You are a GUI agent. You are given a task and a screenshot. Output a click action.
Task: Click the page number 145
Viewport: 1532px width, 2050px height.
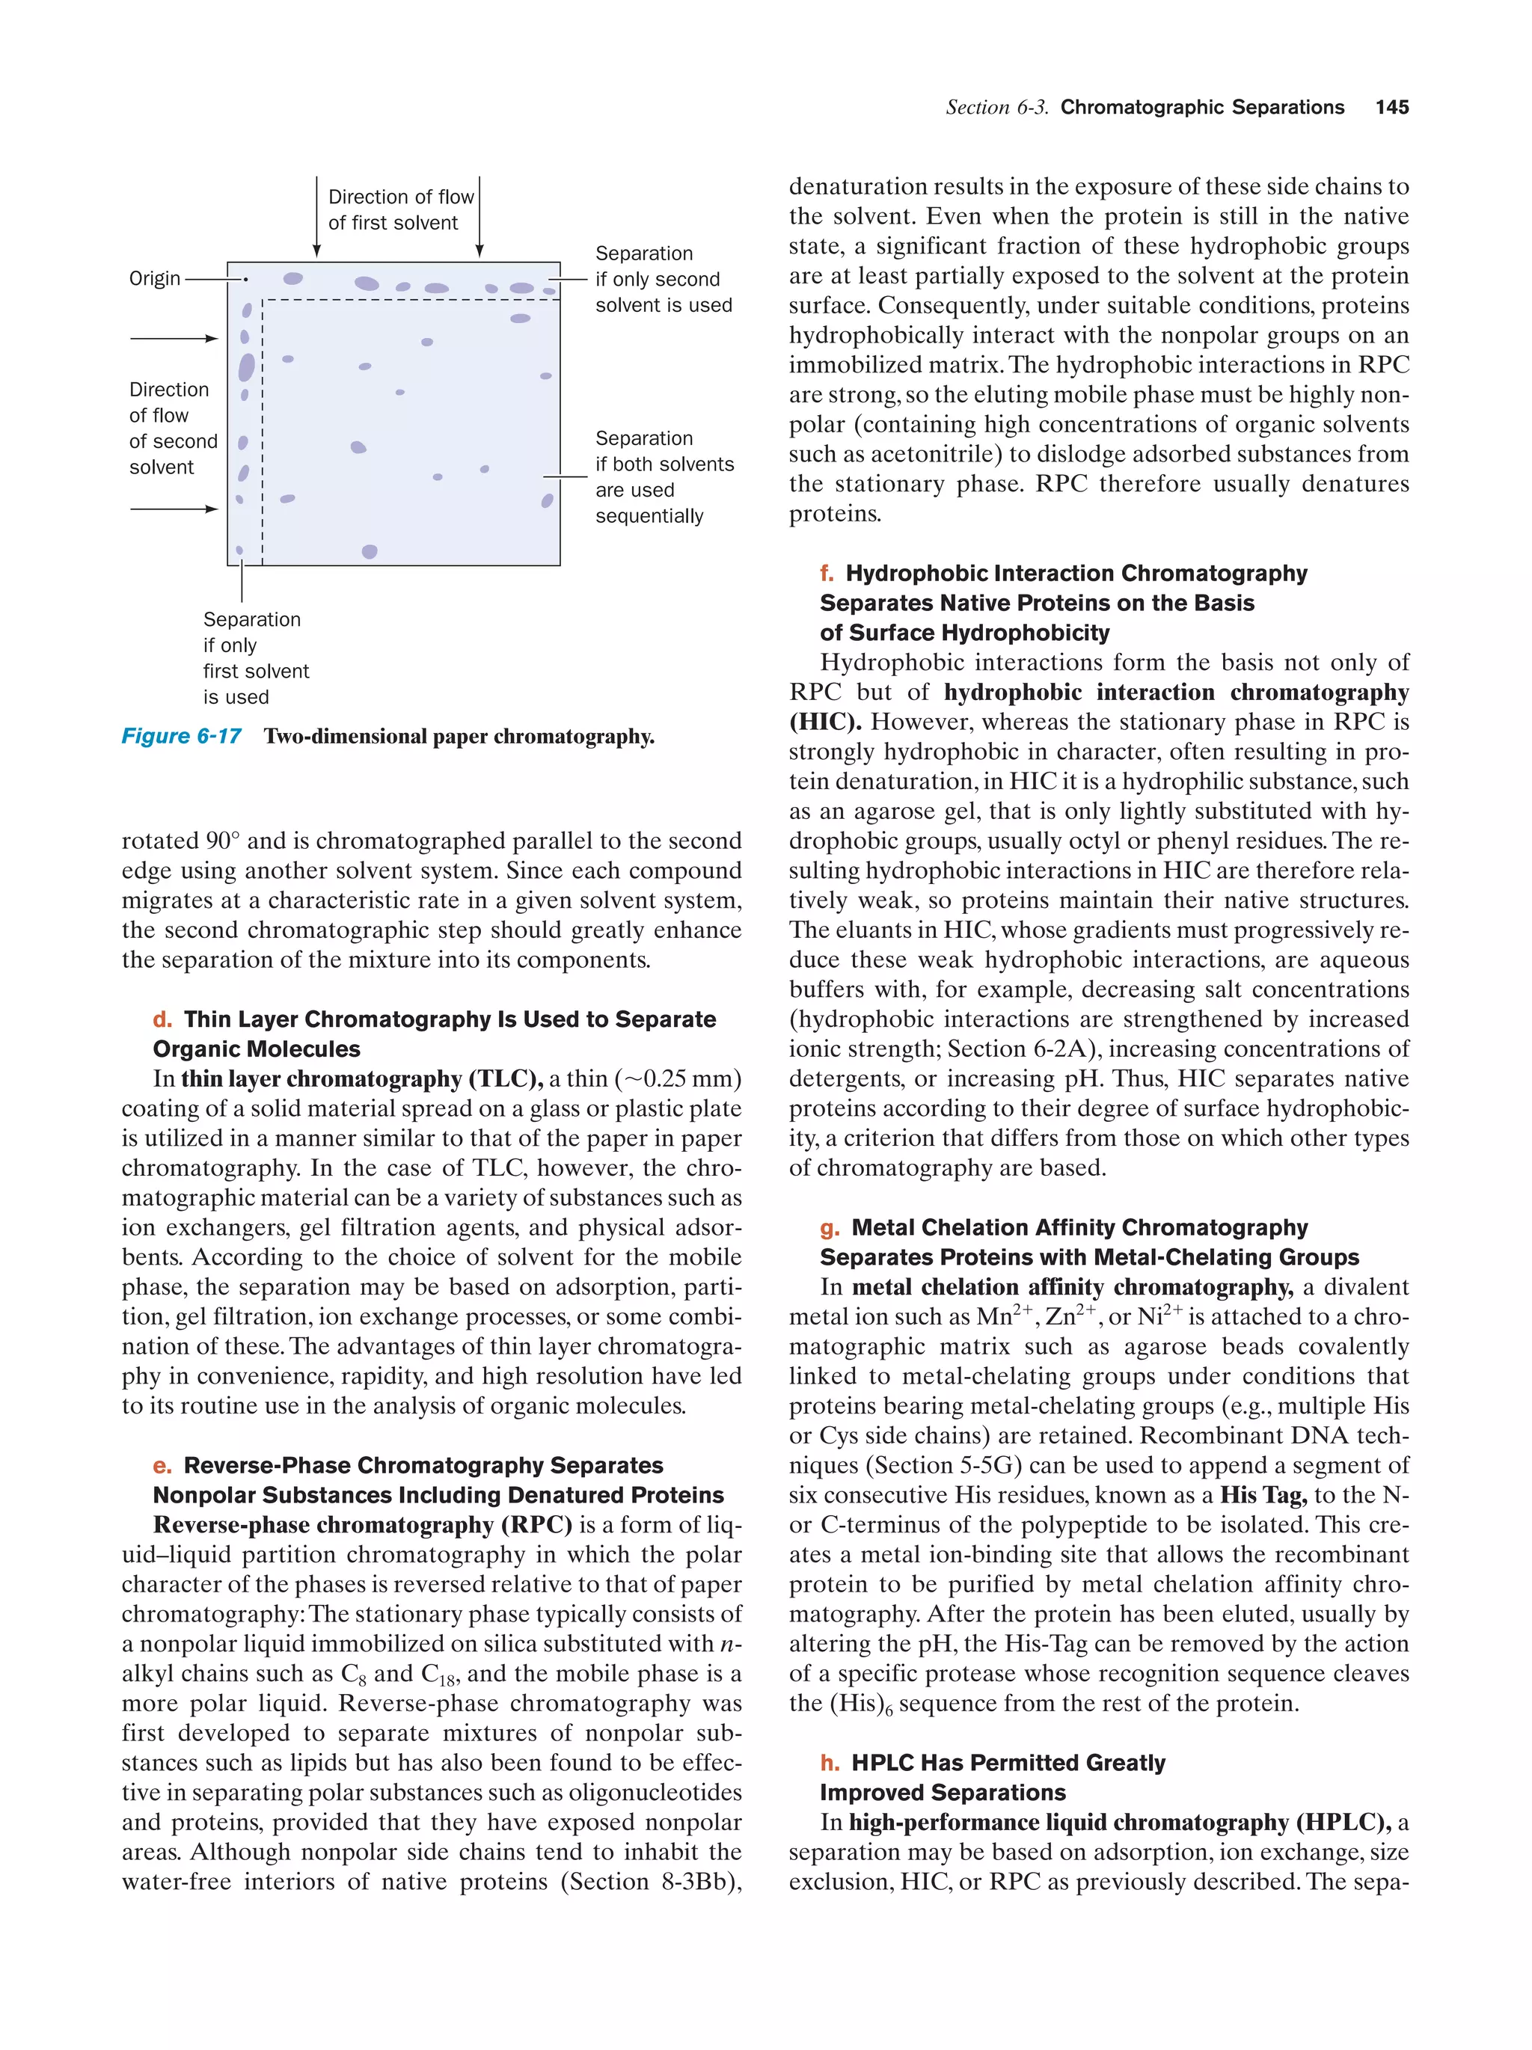pos(1391,108)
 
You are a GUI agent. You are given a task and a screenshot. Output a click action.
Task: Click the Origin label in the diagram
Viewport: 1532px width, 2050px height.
pos(155,279)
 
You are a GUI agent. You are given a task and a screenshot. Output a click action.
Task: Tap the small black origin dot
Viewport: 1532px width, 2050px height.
pos(245,279)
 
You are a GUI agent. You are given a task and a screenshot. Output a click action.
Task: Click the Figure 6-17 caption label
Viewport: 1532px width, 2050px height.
pos(182,737)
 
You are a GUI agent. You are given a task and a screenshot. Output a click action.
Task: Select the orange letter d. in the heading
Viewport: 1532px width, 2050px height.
pos(162,1019)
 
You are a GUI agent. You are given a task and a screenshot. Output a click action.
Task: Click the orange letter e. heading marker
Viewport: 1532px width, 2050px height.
pos(162,1465)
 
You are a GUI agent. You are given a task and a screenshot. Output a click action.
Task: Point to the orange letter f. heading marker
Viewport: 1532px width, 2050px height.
pos(827,574)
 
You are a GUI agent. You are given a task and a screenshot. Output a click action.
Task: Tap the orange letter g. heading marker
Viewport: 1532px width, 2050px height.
pos(830,1228)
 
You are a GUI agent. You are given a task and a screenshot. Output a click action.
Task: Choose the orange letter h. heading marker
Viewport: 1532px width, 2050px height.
pos(830,1763)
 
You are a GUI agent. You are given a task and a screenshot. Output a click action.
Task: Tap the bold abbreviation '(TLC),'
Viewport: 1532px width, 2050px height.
pos(506,1078)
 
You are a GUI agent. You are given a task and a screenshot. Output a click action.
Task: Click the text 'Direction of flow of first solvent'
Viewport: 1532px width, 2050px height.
pos(399,210)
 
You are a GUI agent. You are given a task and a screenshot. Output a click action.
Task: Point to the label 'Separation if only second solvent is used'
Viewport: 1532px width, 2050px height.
pos(663,279)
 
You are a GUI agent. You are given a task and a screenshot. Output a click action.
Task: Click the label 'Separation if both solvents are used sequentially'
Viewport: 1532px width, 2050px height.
pos(664,477)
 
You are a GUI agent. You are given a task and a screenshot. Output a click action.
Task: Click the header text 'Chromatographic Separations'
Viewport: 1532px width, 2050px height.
pos(1201,108)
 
